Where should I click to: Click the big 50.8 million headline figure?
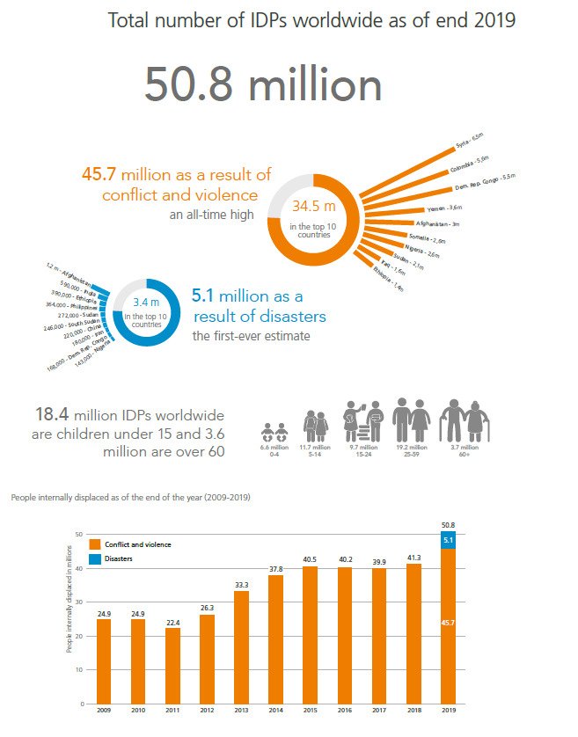pos(263,85)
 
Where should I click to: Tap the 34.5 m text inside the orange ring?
pos(314,208)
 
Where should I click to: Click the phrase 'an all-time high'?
pos(214,215)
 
